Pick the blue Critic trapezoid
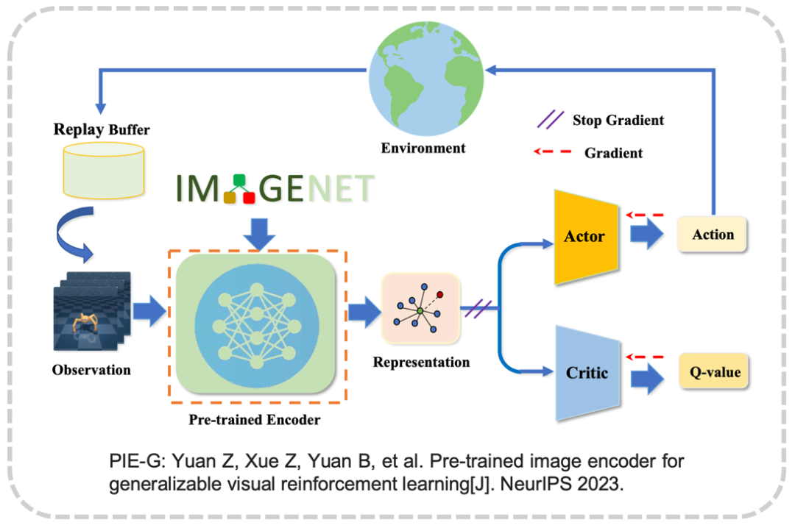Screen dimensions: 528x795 587,373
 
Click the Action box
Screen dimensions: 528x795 713,235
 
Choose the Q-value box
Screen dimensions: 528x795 710,372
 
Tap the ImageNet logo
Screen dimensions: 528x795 275,188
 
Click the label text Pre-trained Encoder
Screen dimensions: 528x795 254,421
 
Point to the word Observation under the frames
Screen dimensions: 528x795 91,369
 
